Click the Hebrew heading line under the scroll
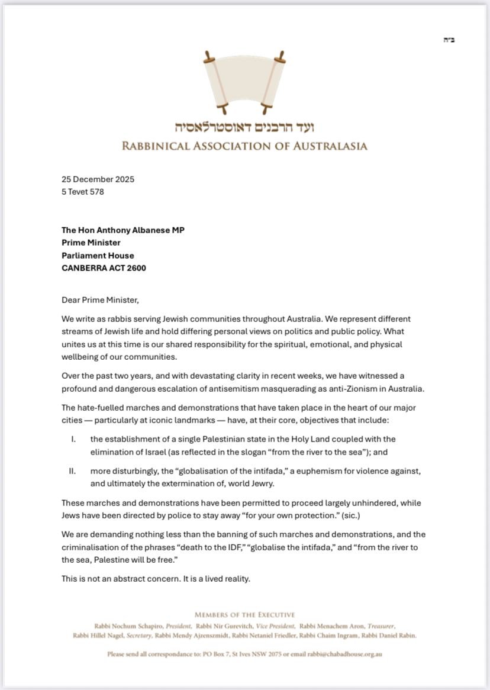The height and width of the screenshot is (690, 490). click(x=245, y=127)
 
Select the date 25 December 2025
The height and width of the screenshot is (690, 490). click(x=98, y=179)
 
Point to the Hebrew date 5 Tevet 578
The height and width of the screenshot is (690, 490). click(x=83, y=191)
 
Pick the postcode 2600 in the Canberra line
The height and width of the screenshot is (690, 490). click(x=136, y=267)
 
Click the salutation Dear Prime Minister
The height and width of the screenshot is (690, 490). click(x=100, y=299)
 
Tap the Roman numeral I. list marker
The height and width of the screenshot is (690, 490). click(x=73, y=439)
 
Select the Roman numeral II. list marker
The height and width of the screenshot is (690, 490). click(x=74, y=471)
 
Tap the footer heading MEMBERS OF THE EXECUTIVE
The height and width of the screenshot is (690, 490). click(x=244, y=615)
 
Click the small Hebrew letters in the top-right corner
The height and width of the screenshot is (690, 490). click(x=449, y=40)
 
